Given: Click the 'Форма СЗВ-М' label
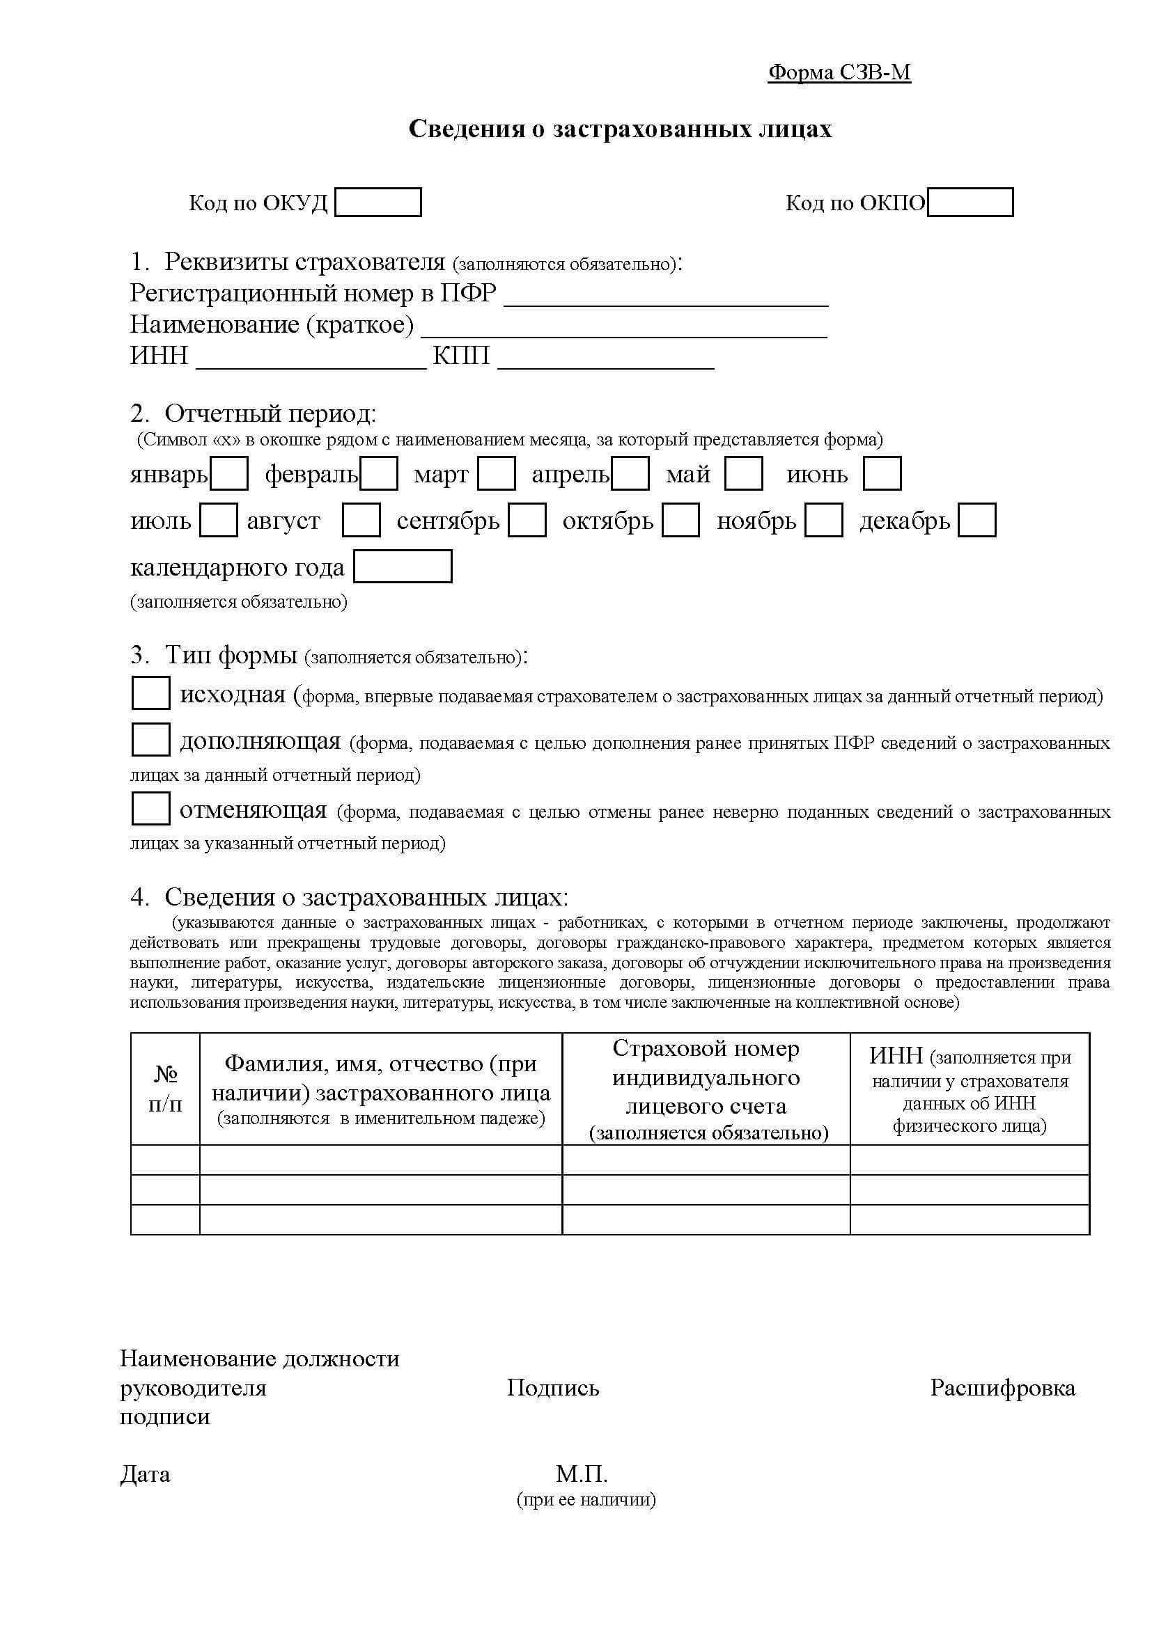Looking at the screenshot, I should click(x=839, y=72).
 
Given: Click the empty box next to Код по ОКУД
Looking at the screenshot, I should click(x=377, y=202).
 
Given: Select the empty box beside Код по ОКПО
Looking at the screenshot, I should click(x=970, y=202).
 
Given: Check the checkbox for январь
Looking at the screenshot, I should click(x=230, y=474).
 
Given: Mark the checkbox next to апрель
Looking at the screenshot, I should click(x=630, y=474).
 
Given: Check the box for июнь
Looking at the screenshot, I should click(x=882, y=474).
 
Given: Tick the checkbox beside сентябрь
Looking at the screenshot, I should click(x=527, y=521).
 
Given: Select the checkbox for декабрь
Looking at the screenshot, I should click(x=976, y=521).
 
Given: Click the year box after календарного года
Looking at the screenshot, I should click(x=402, y=567).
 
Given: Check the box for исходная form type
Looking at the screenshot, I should click(x=150, y=693).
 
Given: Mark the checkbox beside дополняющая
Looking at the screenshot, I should click(x=150, y=740).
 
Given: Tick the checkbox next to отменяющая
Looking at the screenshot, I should click(x=150, y=809).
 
